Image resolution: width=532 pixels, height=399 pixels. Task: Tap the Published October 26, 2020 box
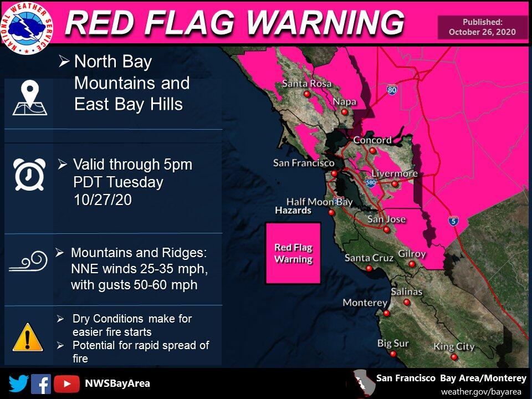coord(482,27)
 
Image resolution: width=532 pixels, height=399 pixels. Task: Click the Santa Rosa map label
coord(306,84)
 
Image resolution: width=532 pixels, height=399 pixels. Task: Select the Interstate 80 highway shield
coord(392,89)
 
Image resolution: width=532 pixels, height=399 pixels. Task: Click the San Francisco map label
coord(304,163)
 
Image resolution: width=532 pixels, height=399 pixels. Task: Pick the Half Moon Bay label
coord(319,202)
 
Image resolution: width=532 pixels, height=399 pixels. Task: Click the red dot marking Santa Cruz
coord(369,269)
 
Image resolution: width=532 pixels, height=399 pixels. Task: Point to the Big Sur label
coord(392,344)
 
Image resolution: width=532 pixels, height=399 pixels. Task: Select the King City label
coord(454,347)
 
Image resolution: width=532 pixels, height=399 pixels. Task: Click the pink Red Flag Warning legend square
coord(293,253)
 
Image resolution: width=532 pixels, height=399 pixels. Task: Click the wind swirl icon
coord(28,262)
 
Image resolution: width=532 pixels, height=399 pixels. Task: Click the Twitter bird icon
coord(18,383)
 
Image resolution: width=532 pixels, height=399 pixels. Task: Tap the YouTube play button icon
coord(66,383)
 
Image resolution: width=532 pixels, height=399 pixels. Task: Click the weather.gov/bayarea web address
coord(481,391)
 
